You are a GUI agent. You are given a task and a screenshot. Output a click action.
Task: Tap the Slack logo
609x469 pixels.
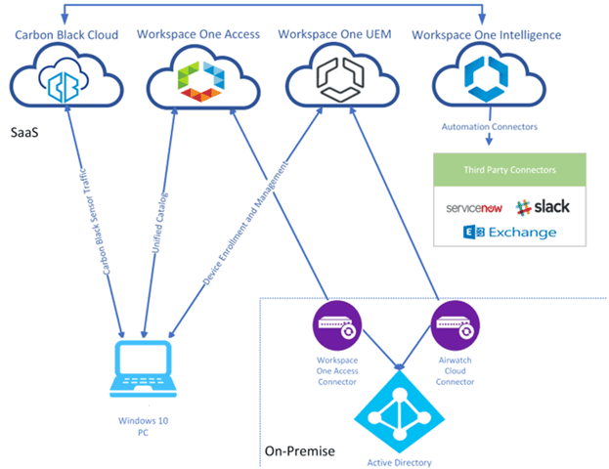pos(544,207)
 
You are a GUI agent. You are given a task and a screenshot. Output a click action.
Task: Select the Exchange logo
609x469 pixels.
pos(510,233)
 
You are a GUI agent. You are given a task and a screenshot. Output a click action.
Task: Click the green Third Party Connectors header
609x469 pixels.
pos(506,169)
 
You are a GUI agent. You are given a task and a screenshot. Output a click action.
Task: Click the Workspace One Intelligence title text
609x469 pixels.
pos(486,35)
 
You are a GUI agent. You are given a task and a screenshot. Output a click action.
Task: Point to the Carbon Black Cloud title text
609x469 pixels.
pos(66,35)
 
